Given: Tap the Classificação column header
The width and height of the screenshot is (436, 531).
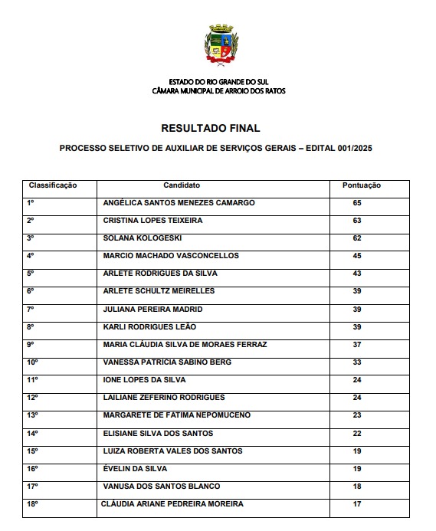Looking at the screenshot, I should tap(54, 185).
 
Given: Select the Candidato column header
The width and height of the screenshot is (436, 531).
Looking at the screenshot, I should tap(182, 185).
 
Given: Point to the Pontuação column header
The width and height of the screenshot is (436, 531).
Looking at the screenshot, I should tap(361, 185).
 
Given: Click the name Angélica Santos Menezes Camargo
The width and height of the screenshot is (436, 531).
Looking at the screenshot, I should tap(179, 203).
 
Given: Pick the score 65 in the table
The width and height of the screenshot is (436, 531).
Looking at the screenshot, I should tap(357, 203).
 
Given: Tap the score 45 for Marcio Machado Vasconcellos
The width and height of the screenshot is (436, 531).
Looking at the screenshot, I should tap(357, 256).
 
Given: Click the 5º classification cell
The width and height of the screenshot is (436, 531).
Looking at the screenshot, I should tap(31, 274).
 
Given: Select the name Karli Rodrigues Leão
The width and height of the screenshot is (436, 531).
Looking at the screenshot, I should tap(149, 326).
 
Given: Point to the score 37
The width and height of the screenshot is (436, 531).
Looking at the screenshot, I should tap(357, 344).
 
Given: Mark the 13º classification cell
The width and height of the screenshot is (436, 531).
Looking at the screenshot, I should tap(32, 415).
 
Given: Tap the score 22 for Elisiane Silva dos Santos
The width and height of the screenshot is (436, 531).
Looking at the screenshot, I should tap(357, 433).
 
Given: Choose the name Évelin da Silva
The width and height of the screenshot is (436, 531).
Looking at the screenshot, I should tap(135, 468).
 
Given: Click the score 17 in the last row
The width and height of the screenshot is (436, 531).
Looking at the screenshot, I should tap(357, 503).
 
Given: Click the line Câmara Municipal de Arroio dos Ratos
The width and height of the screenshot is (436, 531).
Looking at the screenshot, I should tap(218, 90).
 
